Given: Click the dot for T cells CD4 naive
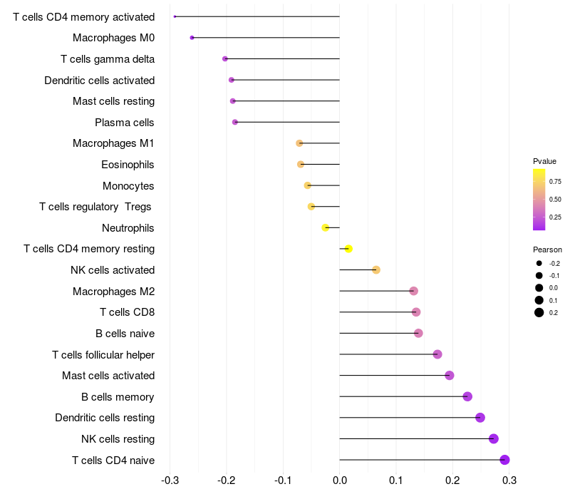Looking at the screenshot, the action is coord(504,460).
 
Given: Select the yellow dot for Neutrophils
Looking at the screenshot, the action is coord(326,227).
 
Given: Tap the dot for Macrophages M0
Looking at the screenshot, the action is coord(192,38).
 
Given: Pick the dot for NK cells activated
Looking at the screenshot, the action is coord(376,270).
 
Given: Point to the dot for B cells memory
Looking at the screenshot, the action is coord(467,396).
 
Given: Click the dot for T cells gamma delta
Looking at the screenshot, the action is coord(225,58).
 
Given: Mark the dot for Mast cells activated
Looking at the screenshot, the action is coord(450,376).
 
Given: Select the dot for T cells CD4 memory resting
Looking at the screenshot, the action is coord(348,249).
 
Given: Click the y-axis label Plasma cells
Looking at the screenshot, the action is coord(124,122).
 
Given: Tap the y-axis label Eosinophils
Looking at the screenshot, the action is coord(128,165).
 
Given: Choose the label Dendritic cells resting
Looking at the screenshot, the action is coord(105,418).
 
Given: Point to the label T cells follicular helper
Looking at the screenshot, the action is coord(103,354).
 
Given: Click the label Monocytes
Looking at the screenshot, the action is coord(128,186).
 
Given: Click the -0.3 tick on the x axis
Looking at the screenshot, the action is coord(170,480).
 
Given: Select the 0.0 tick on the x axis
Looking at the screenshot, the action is coord(340,480).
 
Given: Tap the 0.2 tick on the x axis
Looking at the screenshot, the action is coord(452,480).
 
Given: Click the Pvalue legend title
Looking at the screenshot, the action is coord(544,161).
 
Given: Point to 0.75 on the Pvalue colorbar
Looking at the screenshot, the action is coord(555,182).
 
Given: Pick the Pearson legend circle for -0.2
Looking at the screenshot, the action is coord(539,263).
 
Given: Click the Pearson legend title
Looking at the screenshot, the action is coord(547,249).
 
